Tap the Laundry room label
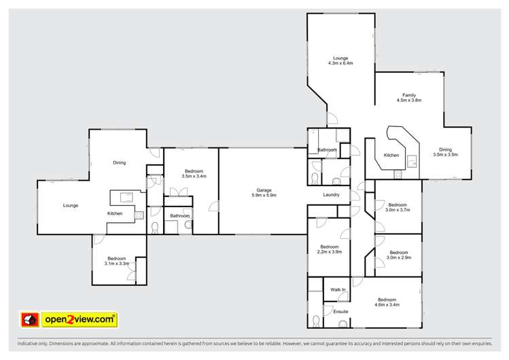coord(332,195)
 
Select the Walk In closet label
coord(338,290)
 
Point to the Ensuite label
coord(340,311)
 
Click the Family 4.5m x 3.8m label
coord(409,97)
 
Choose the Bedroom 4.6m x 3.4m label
coord(387,302)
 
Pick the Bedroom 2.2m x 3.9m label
coord(330,249)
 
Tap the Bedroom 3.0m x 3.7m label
coord(397,207)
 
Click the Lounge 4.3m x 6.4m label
coord(340,60)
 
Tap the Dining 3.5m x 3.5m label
coord(445,152)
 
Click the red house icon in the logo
coord(29,319)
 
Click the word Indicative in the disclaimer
coord(20,345)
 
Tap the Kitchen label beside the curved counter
coord(391,156)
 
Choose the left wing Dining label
coord(119,162)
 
